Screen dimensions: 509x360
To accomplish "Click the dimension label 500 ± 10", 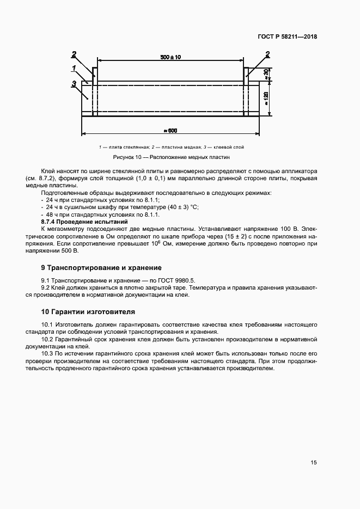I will pos(170,57).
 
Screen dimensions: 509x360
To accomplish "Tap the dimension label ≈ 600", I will pos(170,130).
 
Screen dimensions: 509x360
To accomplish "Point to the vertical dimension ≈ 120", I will pos(266,98).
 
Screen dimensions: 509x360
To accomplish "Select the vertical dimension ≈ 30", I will pos(266,74).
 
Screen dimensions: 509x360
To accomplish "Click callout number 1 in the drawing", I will pos(73,68).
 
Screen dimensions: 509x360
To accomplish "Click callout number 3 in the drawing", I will pos(73,83).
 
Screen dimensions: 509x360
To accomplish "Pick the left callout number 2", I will pos(74,53).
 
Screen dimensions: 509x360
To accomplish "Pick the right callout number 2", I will pos(267,53).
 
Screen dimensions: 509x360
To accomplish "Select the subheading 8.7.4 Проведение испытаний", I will pos(84,222).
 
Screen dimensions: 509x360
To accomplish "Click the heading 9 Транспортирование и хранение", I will pos(101,268).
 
